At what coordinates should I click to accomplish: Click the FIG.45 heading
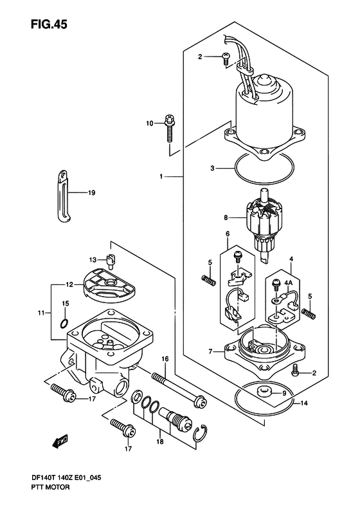pyautogui.click(x=49, y=24)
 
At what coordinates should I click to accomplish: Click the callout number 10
pyautogui.click(x=150, y=124)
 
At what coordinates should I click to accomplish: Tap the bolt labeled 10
pyautogui.click(x=170, y=129)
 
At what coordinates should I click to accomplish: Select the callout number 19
pyautogui.click(x=91, y=193)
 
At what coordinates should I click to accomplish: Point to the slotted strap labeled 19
pyautogui.click(x=63, y=197)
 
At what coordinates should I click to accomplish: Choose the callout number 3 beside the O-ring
pyautogui.click(x=212, y=169)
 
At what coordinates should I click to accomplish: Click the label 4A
pyautogui.click(x=288, y=282)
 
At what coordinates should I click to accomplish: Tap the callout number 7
pyautogui.click(x=210, y=351)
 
